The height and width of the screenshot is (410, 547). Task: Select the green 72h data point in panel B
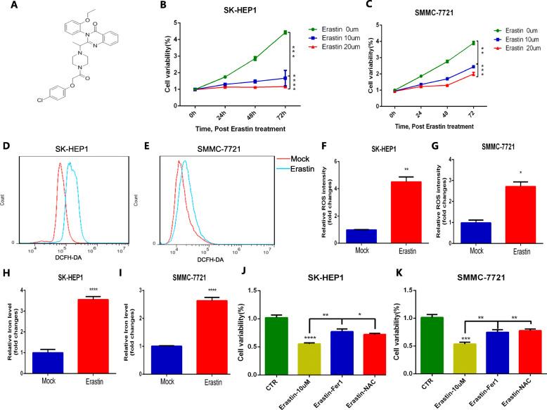pos(284,32)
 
